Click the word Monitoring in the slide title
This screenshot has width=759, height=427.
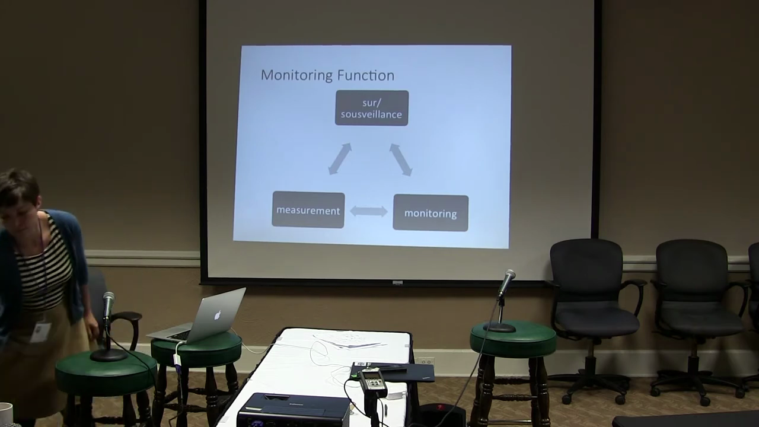[x=296, y=75]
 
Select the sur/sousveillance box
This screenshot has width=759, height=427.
[x=372, y=108]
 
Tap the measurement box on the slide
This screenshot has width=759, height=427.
[x=308, y=210]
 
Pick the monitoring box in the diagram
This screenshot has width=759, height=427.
[x=430, y=213]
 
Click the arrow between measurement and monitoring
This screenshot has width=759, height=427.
[x=369, y=211]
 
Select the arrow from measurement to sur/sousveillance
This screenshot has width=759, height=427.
[x=340, y=158]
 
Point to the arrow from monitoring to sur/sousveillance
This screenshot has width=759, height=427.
[x=401, y=160]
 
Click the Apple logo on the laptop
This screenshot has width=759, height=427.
[x=218, y=315]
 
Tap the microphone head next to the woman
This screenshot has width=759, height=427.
[x=109, y=302]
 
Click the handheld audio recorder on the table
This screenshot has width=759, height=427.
[x=374, y=383]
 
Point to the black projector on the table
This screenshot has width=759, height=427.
[x=294, y=410]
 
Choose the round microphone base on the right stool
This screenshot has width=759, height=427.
[x=499, y=328]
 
